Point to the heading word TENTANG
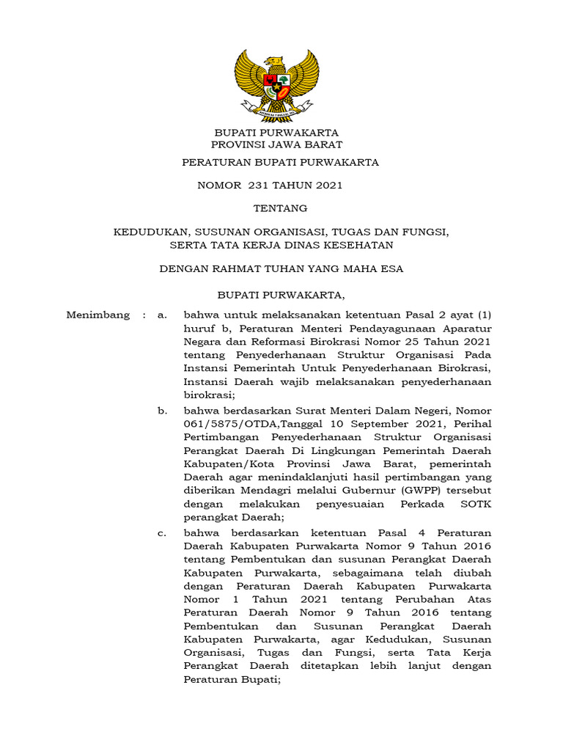tap(280, 208)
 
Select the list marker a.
tap(162, 315)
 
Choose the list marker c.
tap(162, 532)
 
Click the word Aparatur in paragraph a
tap(466, 329)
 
